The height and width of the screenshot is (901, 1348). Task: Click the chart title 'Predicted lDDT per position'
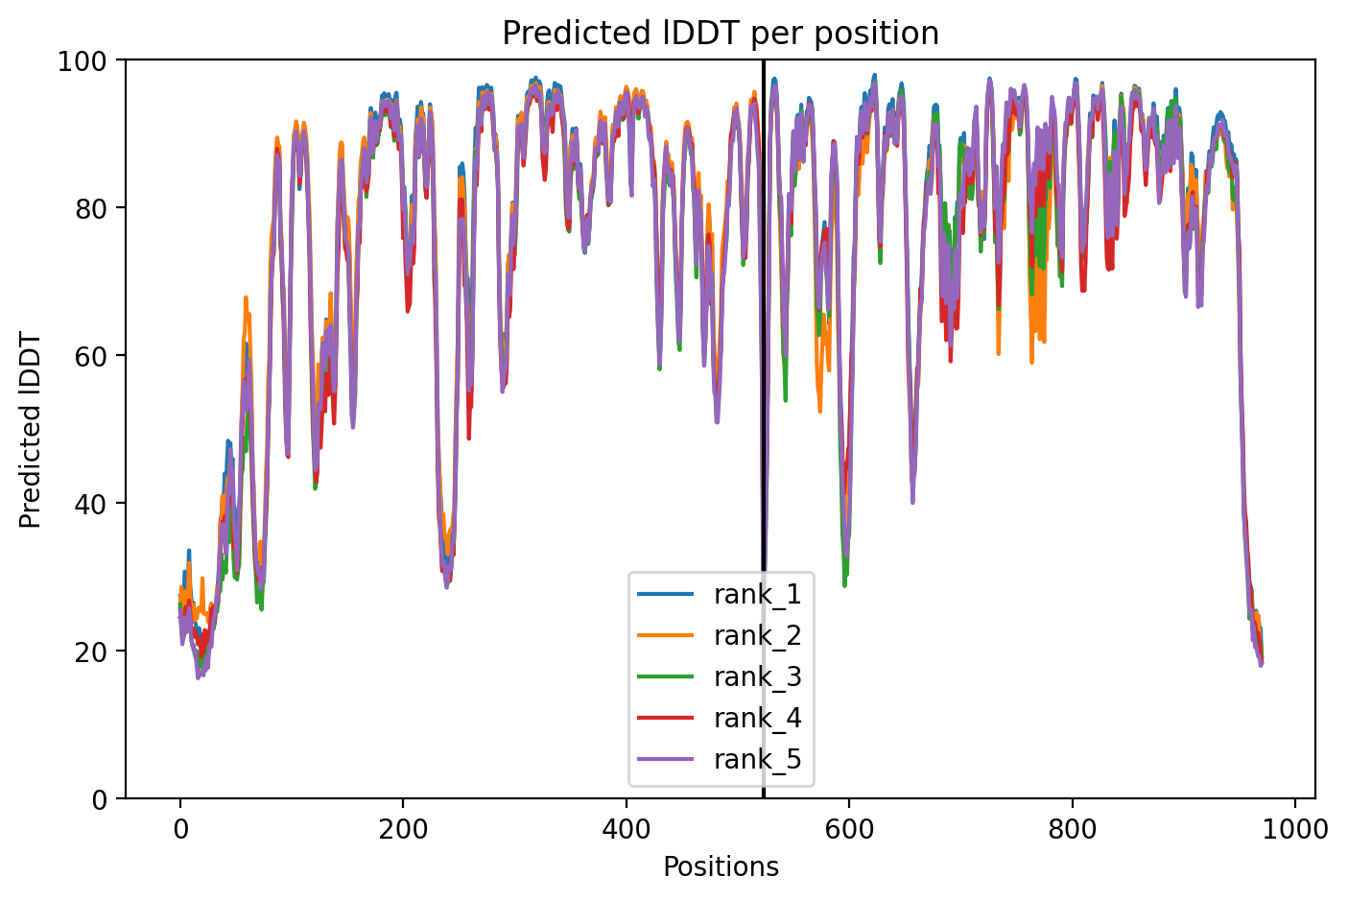click(x=721, y=33)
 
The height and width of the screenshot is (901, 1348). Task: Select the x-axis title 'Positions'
click(x=721, y=867)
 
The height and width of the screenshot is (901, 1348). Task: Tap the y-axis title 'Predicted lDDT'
click(x=30, y=429)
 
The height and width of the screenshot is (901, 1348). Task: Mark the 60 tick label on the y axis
click(x=90, y=356)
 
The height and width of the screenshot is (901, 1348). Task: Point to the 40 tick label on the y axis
click(x=90, y=503)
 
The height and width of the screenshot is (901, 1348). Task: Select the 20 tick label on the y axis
click(x=90, y=652)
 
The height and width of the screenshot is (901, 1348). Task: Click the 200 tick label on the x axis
click(x=403, y=830)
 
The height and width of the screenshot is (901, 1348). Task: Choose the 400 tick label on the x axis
click(x=626, y=830)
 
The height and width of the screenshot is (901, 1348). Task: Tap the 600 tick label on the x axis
click(x=848, y=830)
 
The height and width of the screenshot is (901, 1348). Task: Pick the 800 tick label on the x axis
click(x=1072, y=830)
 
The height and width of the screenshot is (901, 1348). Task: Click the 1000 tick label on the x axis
click(x=1294, y=830)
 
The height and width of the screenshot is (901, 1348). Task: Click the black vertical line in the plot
click(x=764, y=429)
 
